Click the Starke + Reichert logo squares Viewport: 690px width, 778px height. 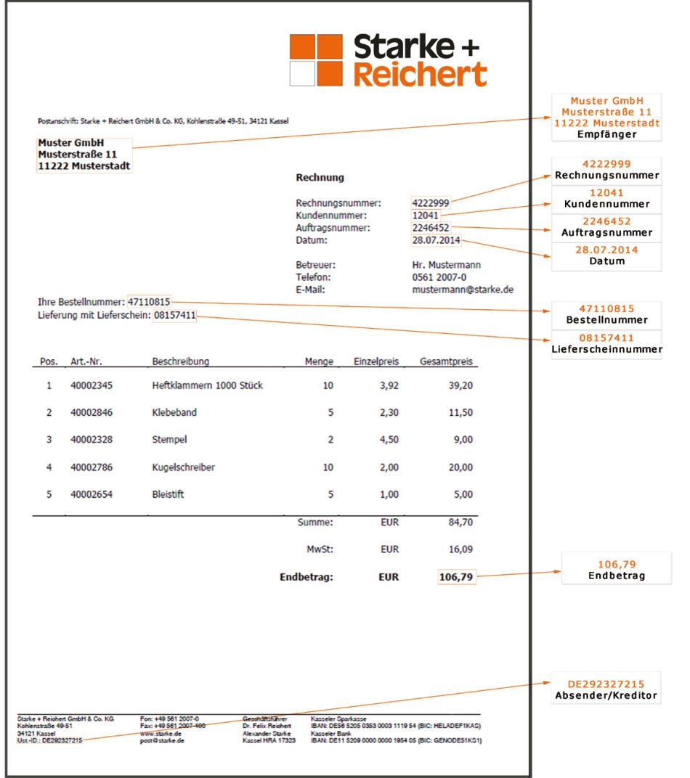pos(315,60)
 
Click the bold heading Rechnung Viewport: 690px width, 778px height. pos(320,177)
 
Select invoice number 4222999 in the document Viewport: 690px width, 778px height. pos(431,203)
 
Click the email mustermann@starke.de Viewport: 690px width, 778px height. pos(463,289)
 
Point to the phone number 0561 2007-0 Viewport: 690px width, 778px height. pos(439,277)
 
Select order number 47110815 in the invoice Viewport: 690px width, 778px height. pos(149,301)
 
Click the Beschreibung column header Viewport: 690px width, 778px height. pos(181,361)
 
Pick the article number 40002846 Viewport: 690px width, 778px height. pos(92,412)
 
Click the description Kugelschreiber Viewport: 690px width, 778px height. pos(183,467)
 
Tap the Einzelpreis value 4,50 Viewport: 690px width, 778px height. pos(389,440)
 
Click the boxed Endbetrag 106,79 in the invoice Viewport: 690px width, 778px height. pos(457,578)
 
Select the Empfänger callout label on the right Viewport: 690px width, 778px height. pos(606,134)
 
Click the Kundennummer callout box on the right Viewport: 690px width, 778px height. pos(606,199)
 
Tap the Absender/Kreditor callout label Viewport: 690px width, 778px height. pos(606,695)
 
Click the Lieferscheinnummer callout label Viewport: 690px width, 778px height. pos(606,349)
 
